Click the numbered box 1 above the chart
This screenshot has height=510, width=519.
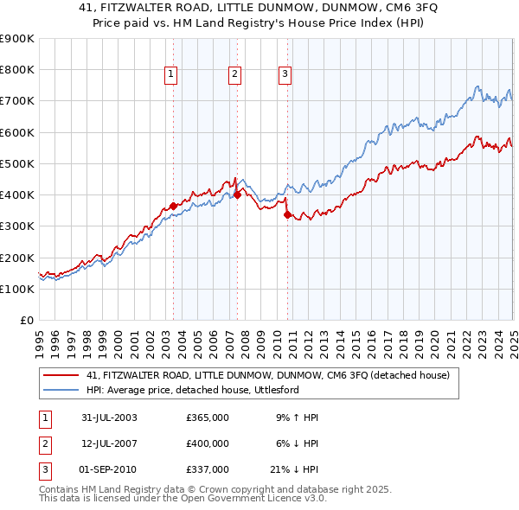point(172,75)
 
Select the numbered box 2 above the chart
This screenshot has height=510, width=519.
point(234,75)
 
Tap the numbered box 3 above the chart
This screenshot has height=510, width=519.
point(285,75)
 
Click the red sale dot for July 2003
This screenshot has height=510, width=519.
point(173,206)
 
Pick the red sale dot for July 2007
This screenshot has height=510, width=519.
point(236,195)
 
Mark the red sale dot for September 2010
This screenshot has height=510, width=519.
point(286,215)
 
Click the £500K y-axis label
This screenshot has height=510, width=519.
point(16,163)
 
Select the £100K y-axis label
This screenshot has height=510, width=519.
point(16,289)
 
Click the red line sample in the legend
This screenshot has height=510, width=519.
point(61,376)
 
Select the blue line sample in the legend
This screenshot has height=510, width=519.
point(61,390)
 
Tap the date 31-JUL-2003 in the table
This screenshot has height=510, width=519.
point(109,418)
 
